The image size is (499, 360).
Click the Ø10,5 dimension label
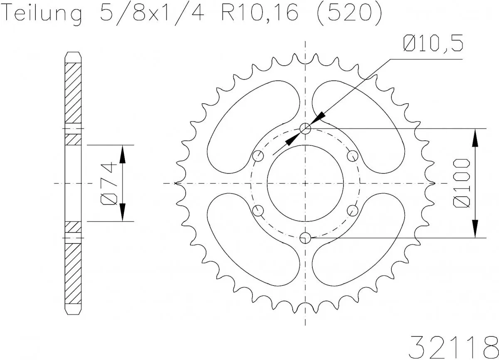point(432,44)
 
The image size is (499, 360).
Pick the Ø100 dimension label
point(462,183)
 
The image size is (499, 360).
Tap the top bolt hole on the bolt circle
point(306,129)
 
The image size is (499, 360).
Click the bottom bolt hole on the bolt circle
point(306,238)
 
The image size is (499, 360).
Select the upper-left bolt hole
point(258,156)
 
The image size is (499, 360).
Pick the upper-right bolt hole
point(353,156)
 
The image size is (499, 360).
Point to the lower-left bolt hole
point(258,210)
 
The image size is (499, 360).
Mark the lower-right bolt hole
point(353,210)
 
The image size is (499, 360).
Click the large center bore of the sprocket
point(306,183)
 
